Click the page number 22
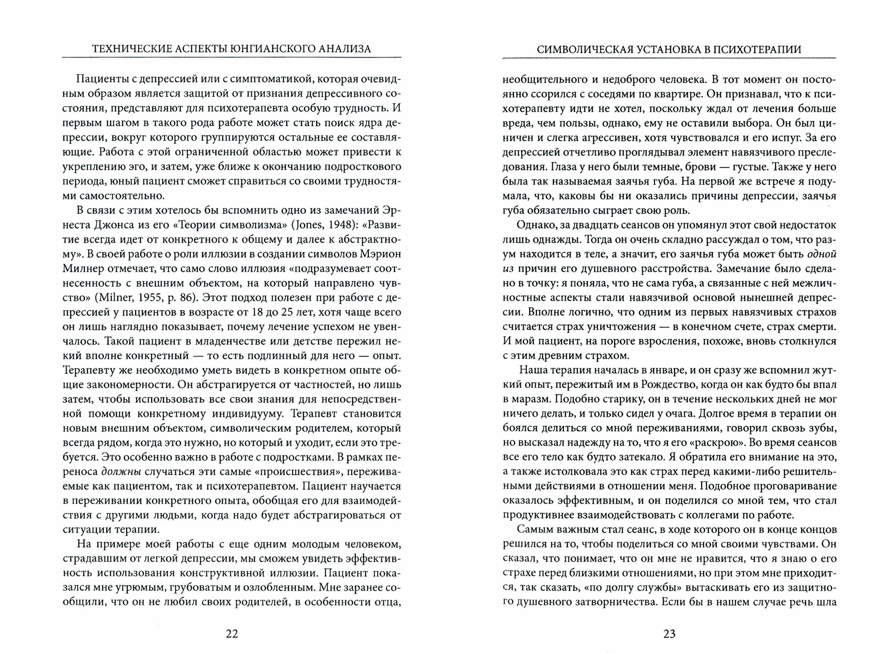point(232,634)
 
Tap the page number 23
point(669,634)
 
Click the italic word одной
point(822,254)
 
